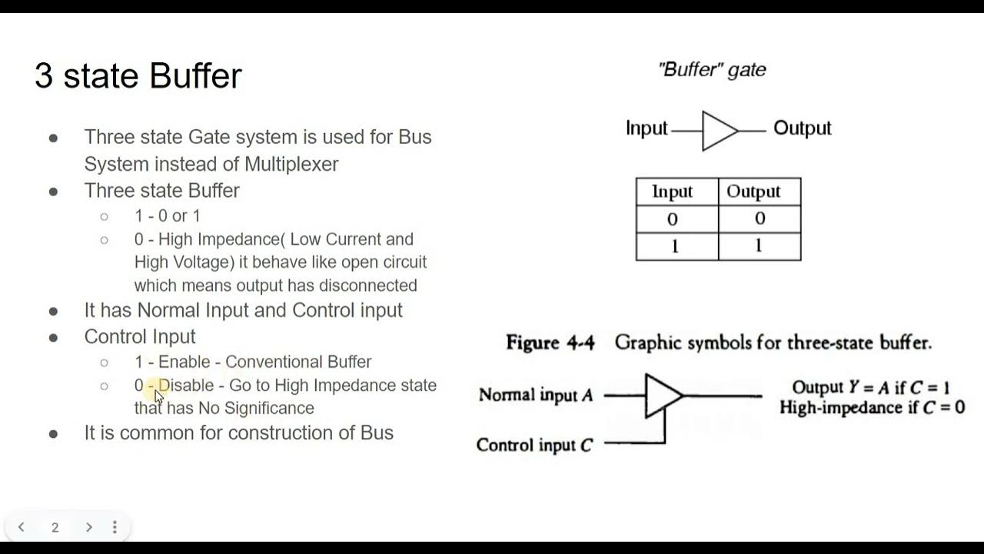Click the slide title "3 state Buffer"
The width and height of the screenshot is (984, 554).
[138, 75]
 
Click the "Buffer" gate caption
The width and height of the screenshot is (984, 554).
[712, 69]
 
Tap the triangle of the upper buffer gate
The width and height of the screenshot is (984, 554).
[718, 131]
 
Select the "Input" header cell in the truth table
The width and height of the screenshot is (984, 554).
[673, 192]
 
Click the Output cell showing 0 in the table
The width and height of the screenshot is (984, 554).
[760, 219]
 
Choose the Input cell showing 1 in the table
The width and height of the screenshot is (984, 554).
[673, 246]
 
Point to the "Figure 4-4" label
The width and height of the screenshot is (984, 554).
[550, 343]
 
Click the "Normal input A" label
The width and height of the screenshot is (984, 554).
[536, 395]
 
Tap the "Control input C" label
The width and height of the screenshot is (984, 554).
[534, 445]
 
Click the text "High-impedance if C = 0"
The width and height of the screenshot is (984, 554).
[872, 408]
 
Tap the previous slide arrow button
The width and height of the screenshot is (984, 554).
[22, 527]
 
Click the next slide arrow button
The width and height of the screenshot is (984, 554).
[88, 527]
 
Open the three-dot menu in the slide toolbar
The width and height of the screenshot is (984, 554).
[115, 527]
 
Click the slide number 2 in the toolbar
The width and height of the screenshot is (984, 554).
[55, 527]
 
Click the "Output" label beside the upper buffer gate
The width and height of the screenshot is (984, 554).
[802, 128]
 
